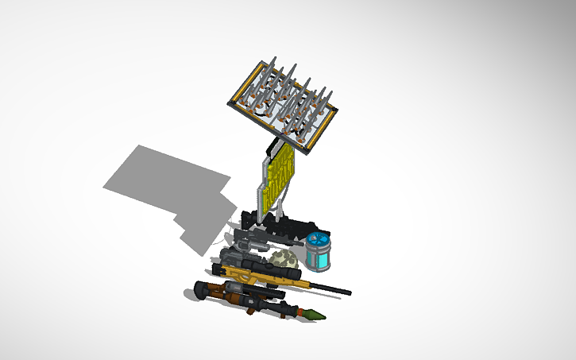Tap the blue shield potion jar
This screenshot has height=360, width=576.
tap(319, 253)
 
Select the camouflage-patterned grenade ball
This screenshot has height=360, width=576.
tap(284, 259)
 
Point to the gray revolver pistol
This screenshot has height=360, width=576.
tap(248, 237)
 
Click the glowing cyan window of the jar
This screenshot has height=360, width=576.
tap(323, 259)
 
